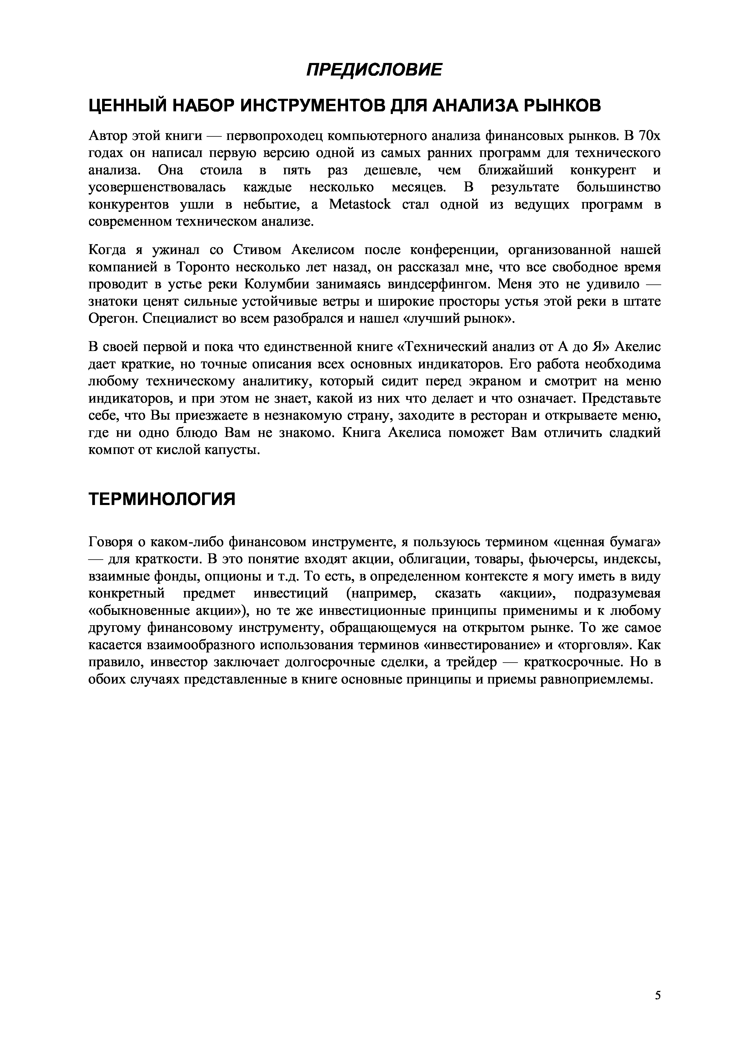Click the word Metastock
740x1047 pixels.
(x=360, y=205)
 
